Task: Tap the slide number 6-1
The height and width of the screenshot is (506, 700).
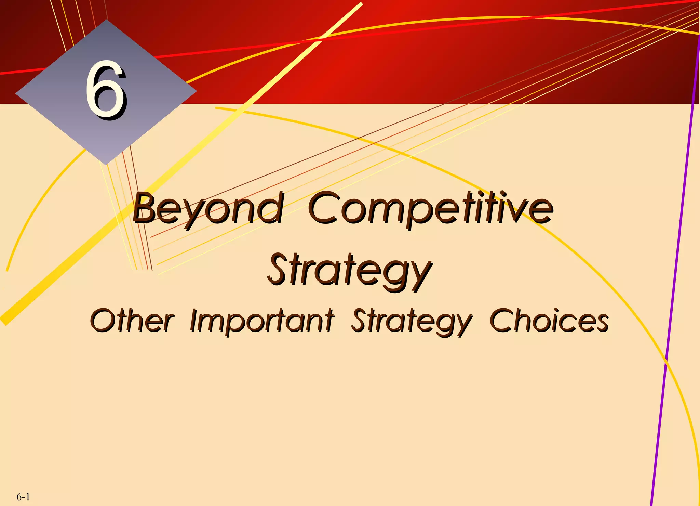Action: (x=23, y=496)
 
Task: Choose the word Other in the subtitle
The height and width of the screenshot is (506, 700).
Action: (x=132, y=321)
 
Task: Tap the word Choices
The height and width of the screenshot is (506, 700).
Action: (x=549, y=321)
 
